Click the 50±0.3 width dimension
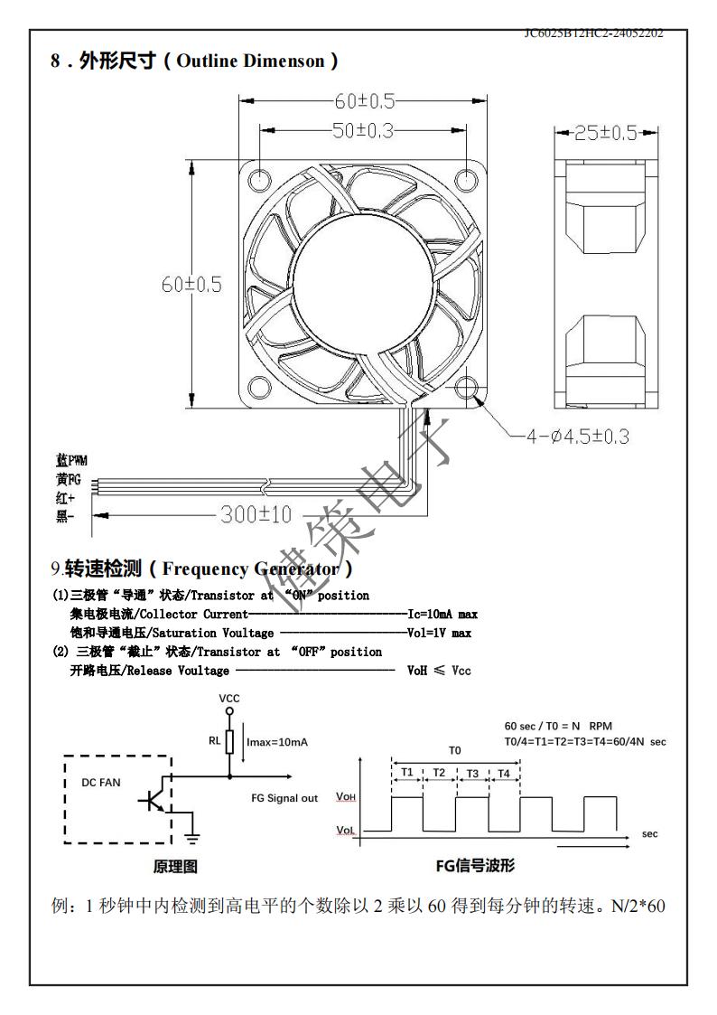pyautogui.click(x=363, y=130)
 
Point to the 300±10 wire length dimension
pyautogui.click(x=256, y=515)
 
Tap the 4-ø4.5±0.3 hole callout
pyautogui.click(x=578, y=437)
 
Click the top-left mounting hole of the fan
pyautogui.click(x=259, y=176)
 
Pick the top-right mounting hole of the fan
pyautogui.click(x=467, y=176)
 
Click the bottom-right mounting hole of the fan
pyautogui.click(x=467, y=388)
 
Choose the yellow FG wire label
pyautogui.click(x=68, y=479)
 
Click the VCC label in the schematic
pyautogui.click(x=229, y=699)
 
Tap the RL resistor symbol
pyautogui.click(x=229, y=742)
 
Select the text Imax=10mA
pyautogui.click(x=276, y=742)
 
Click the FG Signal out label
pyautogui.click(x=284, y=798)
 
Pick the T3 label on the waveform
pyautogui.click(x=471, y=773)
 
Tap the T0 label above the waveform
pyautogui.click(x=455, y=750)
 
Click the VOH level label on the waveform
pyautogui.click(x=346, y=796)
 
